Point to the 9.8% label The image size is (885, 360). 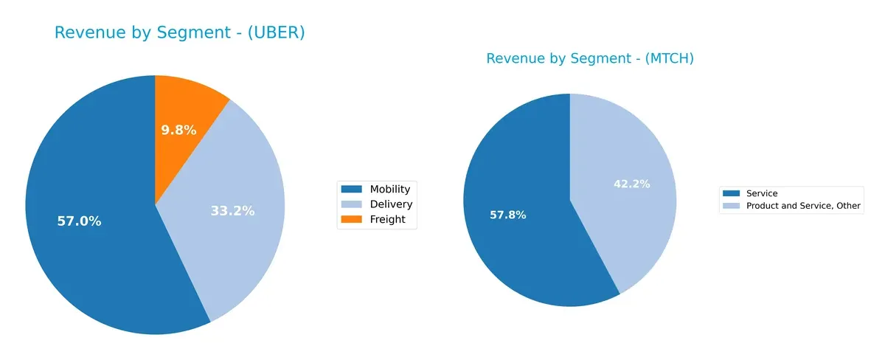pyautogui.click(x=179, y=131)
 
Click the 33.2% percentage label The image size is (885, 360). pyautogui.click(x=232, y=211)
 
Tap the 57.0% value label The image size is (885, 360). pyautogui.click(x=79, y=221)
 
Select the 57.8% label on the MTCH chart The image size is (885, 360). pyautogui.click(x=508, y=215)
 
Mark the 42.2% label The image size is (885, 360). pyautogui.click(x=632, y=184)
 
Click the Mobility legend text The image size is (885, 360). pyautogui.click(x=389, y=190)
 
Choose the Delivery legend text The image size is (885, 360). pyautogui.click(x=391, y=204)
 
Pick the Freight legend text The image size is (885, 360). pyautogui.click(x=387, y=219)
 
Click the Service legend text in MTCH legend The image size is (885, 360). pyautogui.click(x=762, y=194)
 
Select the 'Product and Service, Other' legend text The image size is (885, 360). pyautogui.click(x=803, y=206)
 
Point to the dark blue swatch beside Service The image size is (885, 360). pyautogui.click(x=733, y=194)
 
